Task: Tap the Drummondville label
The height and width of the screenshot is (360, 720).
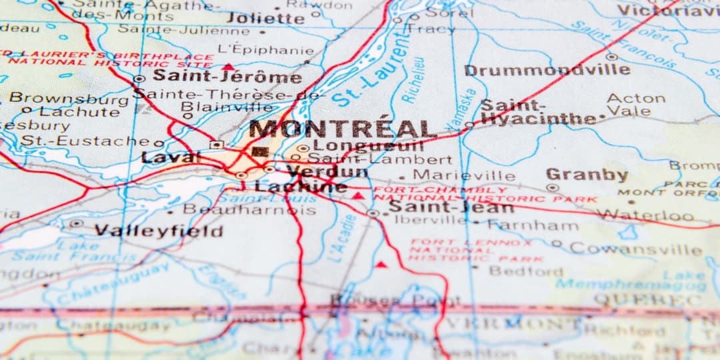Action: coord(547,70)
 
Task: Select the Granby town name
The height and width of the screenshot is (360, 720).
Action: coord(587,175)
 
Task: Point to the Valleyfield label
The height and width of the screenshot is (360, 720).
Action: coord(158,231)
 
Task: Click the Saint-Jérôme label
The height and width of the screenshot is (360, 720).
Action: coord(227,77)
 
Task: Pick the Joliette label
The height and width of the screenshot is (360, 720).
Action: coord(265,18)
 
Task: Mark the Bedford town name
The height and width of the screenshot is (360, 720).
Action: coord(526,271)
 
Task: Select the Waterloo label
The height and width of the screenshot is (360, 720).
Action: coord(645,215)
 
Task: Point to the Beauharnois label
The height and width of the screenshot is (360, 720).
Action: coord(249,209)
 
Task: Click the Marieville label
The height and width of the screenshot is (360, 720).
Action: coord(464,175)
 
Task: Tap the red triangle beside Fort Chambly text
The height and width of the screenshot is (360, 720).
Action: coord(359,196)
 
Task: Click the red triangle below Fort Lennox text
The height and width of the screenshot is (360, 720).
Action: coord(381,265)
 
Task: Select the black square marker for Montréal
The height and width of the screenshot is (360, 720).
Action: coord(260,152)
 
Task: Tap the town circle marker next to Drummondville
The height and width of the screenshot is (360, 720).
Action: coord(612,57)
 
